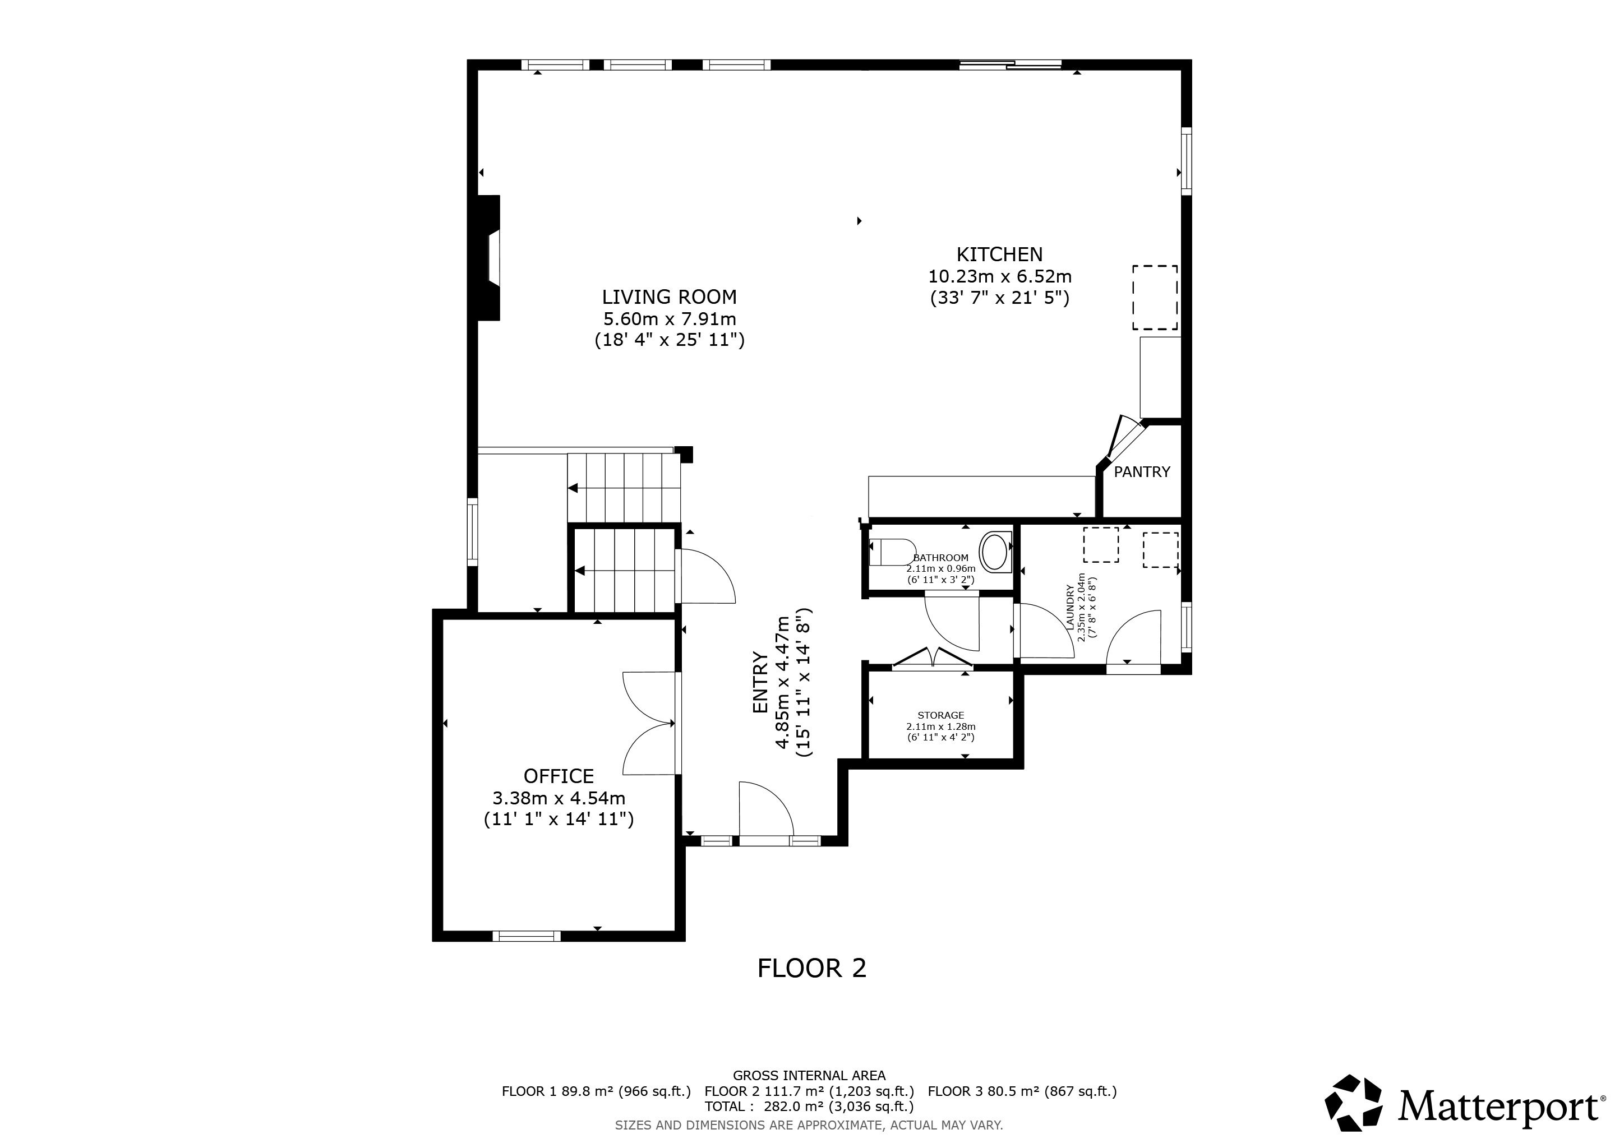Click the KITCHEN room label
pyautogui.click(x=999, y=254)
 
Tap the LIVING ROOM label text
pyautogui.click(x=669, y=297)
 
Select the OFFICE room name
pyautogui.click(x=559, y=776)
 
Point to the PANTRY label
pyautogui.click(x=1142, y=471)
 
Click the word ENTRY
pyautogui.click(x=760, y=682)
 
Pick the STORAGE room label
pyautogui.click(x=941, y=715)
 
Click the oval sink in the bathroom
pyautogui.click(x=996, y=552)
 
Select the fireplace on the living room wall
pyautogui.click(x=490, y=257)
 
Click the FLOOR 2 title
pyautogui.click(x=811, y=968)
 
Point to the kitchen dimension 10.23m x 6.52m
pyautogui.click(x=999, y=276)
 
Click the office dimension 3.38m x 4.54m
pyautogui.click(x=559, y=798)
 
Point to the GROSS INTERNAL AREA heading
pyautogui.click(x=809, y=1075)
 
